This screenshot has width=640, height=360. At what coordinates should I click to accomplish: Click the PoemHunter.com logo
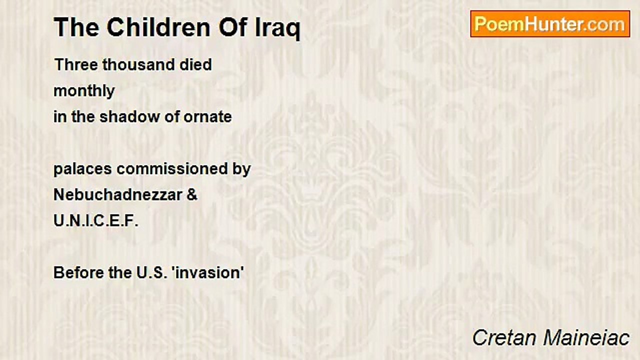[x=550, y=24]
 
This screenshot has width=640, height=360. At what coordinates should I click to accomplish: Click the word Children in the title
[x=158, y=27]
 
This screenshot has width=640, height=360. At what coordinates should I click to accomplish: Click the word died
[x=195, y=64]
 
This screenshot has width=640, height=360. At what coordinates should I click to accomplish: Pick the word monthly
[x=84, y=91]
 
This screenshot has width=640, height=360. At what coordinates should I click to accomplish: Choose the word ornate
[x=207, y=117]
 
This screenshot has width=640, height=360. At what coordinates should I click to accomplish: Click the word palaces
[x=82, y=169]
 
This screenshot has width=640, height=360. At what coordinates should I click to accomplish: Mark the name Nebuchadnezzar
[x=118, y=195]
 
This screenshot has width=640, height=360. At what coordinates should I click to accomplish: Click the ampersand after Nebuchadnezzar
[x=191, y=195]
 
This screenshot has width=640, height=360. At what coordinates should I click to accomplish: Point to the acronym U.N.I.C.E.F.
[x=96, y=221]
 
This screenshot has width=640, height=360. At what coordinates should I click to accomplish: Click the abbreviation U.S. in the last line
[x=152, y=273]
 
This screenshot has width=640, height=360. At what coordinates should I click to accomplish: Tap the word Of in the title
[x=233, y=27]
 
